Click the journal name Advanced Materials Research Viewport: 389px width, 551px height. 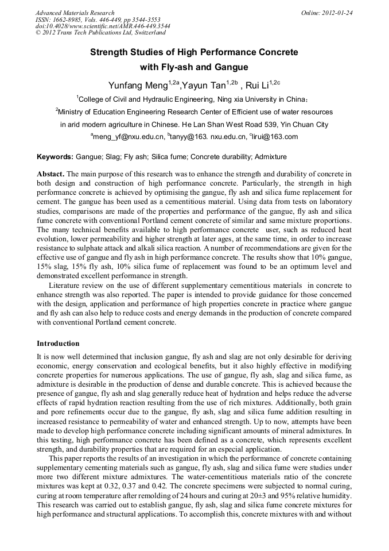point(75,13)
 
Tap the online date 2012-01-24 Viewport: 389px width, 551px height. point(339,13)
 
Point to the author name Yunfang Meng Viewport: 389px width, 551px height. point(136,86)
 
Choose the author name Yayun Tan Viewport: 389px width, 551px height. point(203,86)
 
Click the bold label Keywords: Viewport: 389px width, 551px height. point(55,157)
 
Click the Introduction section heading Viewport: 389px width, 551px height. point(58,344)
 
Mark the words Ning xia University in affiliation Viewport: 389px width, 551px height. point(255,99)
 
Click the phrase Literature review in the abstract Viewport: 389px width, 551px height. point(76,286)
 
